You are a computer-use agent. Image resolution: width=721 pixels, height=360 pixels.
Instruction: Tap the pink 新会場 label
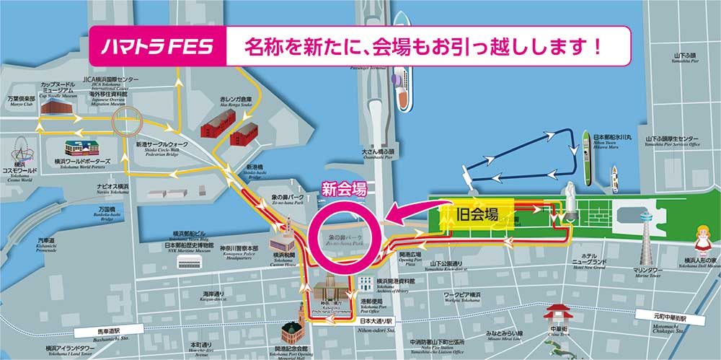click(343, 191)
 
